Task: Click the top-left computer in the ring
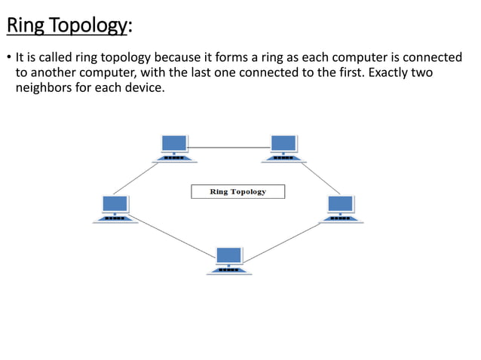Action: tap(175, 148)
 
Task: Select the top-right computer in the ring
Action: tap(284, 148)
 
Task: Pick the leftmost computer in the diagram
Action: tap(115, 209)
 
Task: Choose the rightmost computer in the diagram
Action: tap(341, 209)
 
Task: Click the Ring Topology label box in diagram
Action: tap(237, 191)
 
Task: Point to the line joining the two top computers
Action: tap(230, 147)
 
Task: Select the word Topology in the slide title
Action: tap(89, 27)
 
